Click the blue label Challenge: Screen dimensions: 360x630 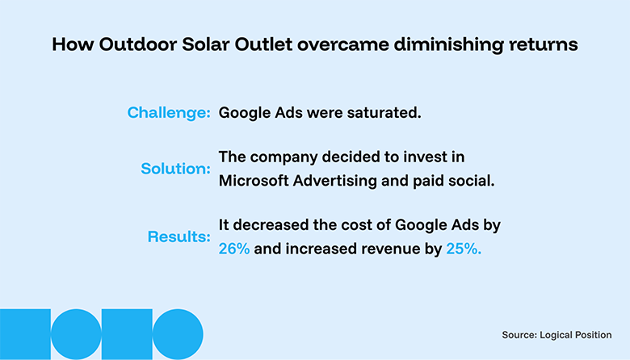169,112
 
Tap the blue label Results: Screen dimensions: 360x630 179,237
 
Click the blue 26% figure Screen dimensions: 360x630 235,249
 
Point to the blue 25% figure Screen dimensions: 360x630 464,249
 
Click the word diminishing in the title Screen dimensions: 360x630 456,44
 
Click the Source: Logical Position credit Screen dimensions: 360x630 556,333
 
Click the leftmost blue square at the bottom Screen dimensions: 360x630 25,335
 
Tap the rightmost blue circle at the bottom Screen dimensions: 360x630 178,334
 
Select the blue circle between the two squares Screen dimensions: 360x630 76,334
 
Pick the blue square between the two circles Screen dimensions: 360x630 127,335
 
